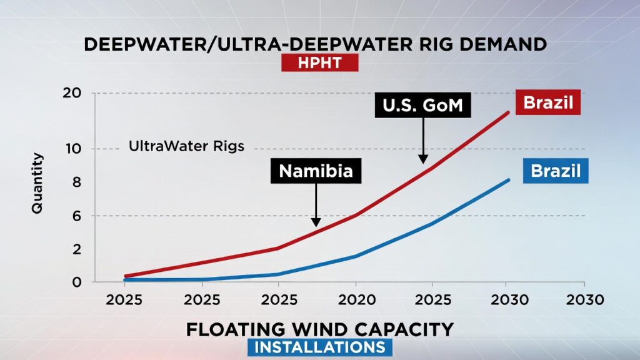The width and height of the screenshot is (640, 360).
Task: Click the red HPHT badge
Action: coord(319,62)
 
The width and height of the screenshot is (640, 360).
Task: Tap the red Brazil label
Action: coord(548,102)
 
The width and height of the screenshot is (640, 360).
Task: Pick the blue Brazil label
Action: coord(555,171)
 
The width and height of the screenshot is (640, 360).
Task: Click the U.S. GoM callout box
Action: coord(422,106)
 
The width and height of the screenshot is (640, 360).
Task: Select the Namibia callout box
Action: coord(316,171)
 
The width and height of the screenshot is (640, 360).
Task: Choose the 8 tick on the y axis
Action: coord(77,182)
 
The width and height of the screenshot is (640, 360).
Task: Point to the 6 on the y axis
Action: coord(77,216)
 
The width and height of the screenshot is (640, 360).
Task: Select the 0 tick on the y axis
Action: coord(77,282)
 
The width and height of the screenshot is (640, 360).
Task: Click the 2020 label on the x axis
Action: coord(355,300)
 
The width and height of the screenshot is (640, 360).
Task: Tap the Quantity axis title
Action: coord(38,184)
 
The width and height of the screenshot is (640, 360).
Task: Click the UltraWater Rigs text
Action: coord(186,147)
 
